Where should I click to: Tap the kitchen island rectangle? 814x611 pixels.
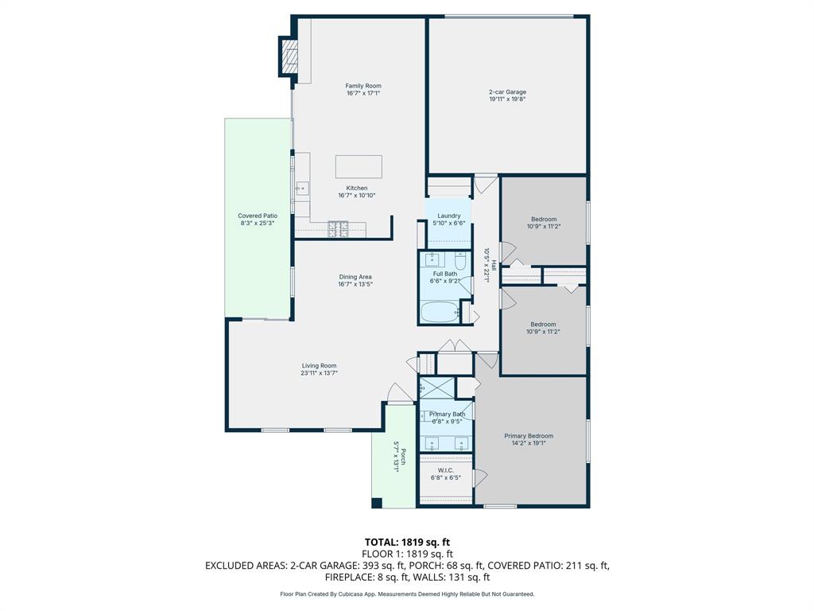click(359, 166)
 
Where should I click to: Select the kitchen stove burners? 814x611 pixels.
click(338, 229)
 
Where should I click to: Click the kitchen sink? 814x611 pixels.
click(303, 189)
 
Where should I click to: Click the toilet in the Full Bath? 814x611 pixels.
click(459, 260)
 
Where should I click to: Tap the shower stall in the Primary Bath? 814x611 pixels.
click(437, 387)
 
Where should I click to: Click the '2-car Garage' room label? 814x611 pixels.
click(507, 92)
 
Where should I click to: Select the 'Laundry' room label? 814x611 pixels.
click(449, 216)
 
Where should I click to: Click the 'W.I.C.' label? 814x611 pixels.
click(446, 470)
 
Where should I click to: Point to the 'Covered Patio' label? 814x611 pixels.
click(258, 216)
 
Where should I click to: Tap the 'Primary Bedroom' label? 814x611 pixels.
click(529, 436)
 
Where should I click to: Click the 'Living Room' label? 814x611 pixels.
click(319, 366)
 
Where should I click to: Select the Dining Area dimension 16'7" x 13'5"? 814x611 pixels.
click(355, 284)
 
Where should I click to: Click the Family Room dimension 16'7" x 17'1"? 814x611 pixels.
click(363, 93)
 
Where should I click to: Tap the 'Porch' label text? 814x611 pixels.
click(404, 457)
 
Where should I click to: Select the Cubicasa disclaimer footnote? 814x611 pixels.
click(407, 593)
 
